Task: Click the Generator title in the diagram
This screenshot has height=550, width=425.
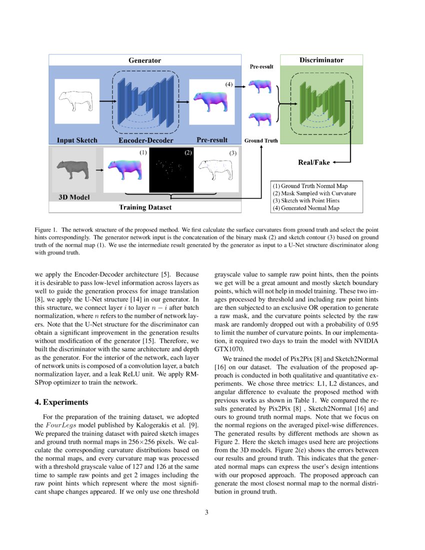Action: [x=144, y=60]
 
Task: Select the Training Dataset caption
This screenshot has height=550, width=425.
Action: [x=145, y=207]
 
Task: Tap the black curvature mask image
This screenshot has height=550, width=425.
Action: [x=171, y=170]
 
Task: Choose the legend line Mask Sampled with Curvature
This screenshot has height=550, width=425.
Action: [x=315, y=193]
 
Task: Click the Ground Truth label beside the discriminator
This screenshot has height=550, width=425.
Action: [x=261, y=140]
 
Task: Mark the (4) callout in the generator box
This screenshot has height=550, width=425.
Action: [x=228, y=85]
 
